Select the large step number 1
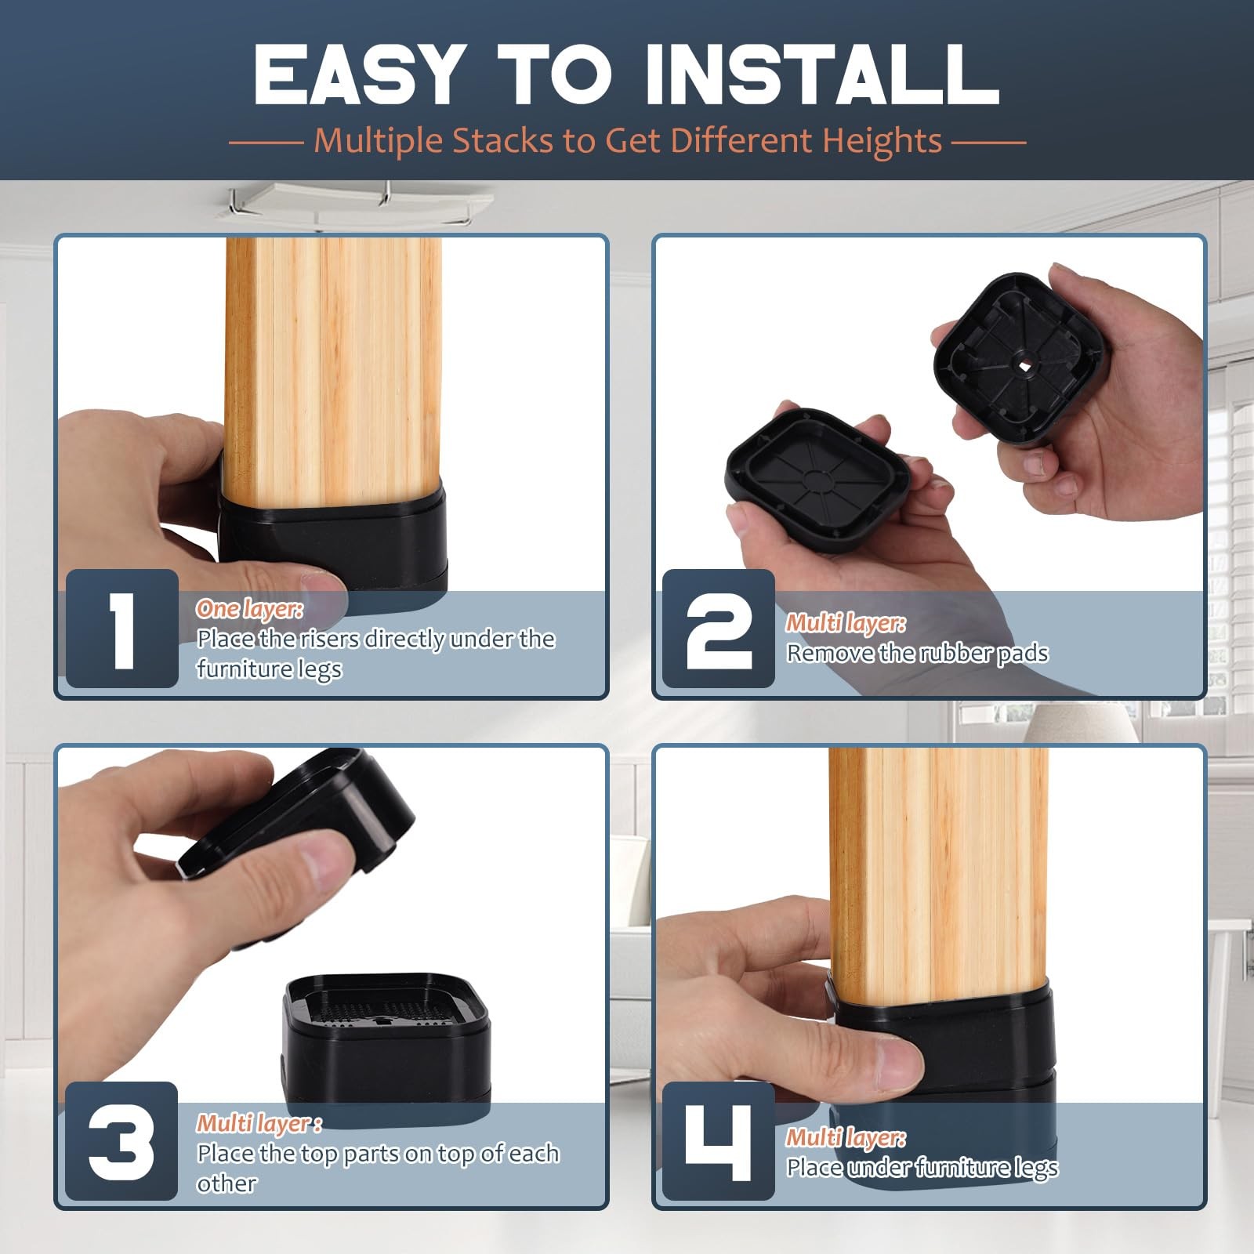click(121, 630)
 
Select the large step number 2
click(719, 630)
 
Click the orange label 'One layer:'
click(249, 609)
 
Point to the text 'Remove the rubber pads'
click(917, 653)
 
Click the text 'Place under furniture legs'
click(922, 1167)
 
